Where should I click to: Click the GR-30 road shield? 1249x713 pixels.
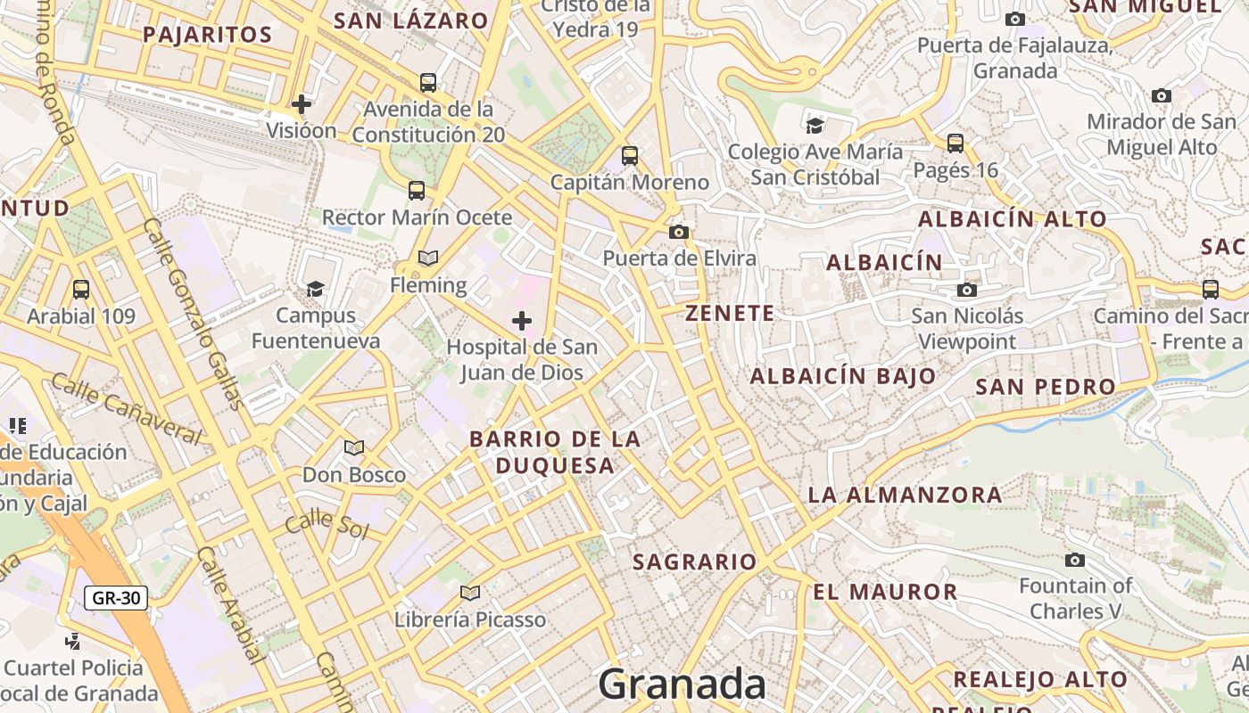116,598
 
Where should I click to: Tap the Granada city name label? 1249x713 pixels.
682,684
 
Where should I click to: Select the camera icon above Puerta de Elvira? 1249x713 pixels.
679,232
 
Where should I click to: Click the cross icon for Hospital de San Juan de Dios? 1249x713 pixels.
522,320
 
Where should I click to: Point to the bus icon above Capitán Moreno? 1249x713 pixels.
630,156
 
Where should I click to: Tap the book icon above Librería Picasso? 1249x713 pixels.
470,593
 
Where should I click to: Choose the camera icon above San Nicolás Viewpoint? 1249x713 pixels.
966,290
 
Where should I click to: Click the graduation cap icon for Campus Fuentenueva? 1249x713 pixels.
315,289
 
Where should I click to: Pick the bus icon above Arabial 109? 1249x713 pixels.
81,290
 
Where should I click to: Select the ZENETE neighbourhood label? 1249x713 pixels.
730,314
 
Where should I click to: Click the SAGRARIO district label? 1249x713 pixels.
695,562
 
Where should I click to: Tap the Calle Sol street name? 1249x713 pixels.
327,523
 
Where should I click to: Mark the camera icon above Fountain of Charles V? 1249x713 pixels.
1075,560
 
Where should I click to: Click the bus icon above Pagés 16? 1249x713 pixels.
955,143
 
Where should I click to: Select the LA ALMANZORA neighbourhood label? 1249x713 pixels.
905,495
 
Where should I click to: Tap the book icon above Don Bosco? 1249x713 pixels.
354,447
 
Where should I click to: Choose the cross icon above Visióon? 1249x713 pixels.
302,103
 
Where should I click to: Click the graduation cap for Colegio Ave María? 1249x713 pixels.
815,125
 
